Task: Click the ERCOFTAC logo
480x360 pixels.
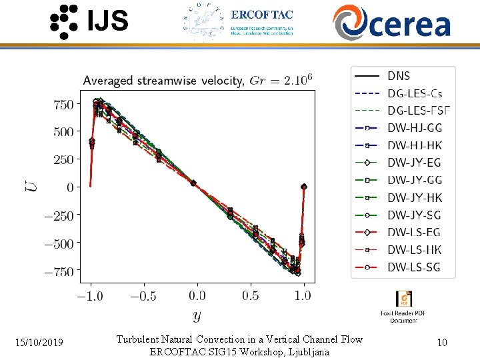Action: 238,22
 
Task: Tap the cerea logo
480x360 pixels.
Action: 392,22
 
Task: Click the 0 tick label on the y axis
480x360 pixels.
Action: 69,187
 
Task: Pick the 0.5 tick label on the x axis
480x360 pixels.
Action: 251,295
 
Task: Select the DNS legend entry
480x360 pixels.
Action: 399,76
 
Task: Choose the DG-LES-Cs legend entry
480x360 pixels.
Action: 414,93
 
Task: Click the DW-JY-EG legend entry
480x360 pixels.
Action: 414,163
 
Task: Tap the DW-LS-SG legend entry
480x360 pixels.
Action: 414,267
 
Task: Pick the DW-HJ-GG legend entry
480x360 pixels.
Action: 414,128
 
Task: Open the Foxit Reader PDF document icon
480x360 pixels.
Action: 403,299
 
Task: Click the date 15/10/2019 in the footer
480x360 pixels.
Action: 39,343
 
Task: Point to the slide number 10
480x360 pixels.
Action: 441,343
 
